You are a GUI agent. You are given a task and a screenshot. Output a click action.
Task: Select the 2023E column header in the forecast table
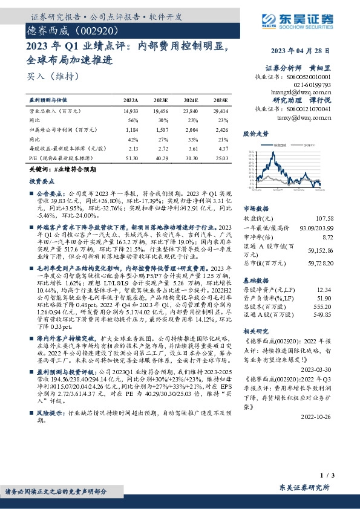(161, 101)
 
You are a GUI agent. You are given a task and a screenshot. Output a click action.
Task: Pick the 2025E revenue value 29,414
(221, 112)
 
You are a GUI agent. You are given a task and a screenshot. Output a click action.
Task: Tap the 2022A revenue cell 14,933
(131, 112)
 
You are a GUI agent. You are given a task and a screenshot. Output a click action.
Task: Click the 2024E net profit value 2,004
(191, 129)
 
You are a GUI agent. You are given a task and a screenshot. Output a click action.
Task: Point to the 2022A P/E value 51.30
(131, 157)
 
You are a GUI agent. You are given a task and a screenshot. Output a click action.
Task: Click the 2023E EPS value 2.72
(161, 148)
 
